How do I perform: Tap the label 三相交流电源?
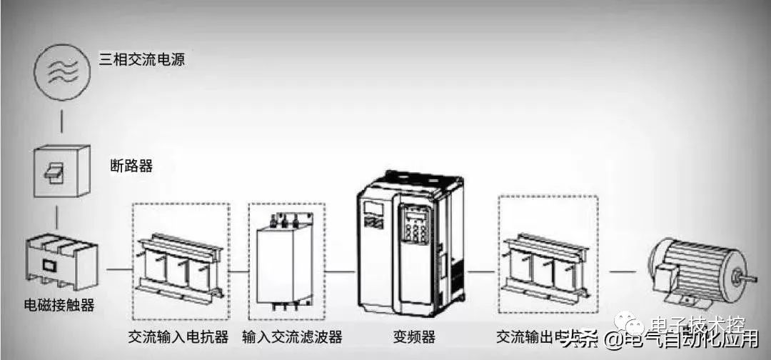pos(141,59)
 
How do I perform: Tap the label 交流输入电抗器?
pos(178,336)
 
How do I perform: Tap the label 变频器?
pos(414,336)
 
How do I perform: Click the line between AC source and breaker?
pos(62,121)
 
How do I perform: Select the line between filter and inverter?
pos(341,271)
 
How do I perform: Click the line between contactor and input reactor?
pos(118,271)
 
